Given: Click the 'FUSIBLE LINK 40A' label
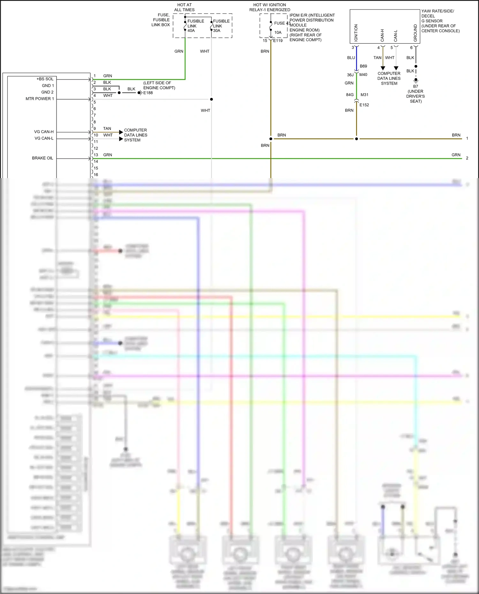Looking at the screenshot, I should click(x=195, y=26).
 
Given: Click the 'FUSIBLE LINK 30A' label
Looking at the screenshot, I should click(x=221, y=26).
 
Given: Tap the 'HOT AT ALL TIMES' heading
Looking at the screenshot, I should click(x=184, y=7).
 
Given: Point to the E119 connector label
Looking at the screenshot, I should click(x=278, y=41).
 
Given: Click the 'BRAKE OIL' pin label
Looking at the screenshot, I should click(x=42, y=158).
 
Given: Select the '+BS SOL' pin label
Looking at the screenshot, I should click(x=45, y=79).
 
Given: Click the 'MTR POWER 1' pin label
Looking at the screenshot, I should click(x=40, y=99).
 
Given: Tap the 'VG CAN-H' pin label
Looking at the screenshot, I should click(x=44, y=132).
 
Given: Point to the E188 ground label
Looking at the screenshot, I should click(x=148, y=93).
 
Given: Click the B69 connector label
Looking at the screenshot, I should click(x=363, y=66).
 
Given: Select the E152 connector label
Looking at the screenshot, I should click(x=364, y=105).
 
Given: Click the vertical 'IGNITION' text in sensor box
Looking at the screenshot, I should click(x=356, y=33).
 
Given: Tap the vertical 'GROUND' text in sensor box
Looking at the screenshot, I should click(x=415, y=33).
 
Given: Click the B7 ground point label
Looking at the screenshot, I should click(x=415, y=86).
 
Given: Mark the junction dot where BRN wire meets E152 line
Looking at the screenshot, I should click(x=356, y=139).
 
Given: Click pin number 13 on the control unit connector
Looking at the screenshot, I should click(x=96, y=155).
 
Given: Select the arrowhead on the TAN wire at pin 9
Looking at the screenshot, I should click(x=121, y=132).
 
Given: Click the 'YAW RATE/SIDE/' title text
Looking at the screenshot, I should click(x=437, y=11).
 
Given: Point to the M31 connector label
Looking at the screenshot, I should click(x=364, y=95).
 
